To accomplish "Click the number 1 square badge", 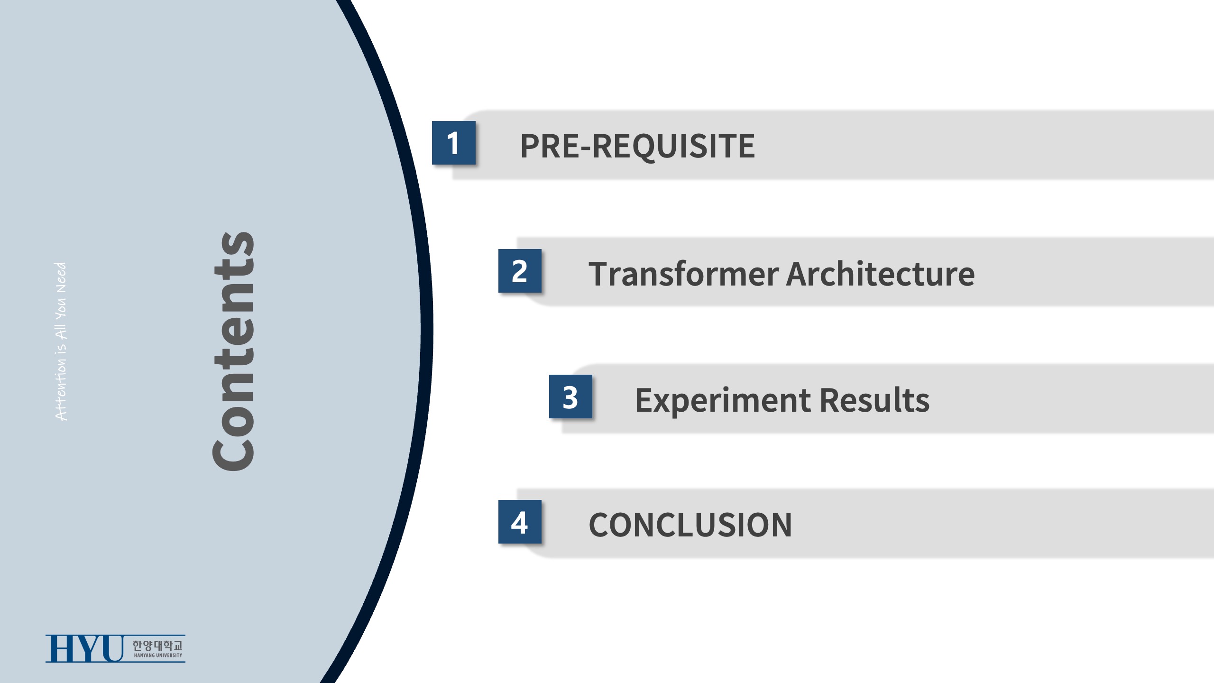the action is (453, 143).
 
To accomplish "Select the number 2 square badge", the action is (520, 271).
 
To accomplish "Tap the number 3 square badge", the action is (570, 397).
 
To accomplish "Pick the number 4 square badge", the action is (520, 522).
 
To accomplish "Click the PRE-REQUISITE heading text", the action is (637, 146).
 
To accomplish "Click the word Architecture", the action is (881, 274).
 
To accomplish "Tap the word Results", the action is (874, 400).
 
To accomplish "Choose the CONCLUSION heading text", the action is (690, 525).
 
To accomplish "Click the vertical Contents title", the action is (233, 351).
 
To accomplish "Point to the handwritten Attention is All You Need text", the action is (61, 341).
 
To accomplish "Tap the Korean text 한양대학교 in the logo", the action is (157, 645).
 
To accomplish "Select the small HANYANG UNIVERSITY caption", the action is (158, 655).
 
